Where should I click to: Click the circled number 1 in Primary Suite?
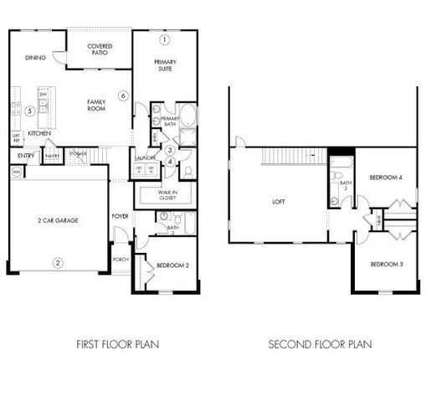(165, 39)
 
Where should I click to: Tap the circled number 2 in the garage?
(58, 263)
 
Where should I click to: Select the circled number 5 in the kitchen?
(28, 110)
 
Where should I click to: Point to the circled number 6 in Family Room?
(123, 96)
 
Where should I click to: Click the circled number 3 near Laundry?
(169, 150)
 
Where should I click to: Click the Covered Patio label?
(100, 49)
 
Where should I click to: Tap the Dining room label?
(35, 58)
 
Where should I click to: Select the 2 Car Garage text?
(58, 219)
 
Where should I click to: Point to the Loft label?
(279, 202)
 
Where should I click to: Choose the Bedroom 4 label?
(388, 178)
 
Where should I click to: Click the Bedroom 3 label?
(388, 265)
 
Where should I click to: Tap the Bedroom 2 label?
(172, 266)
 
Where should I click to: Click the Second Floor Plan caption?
(320, 343)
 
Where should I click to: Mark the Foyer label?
(121, 216)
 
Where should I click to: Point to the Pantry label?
(52, 156)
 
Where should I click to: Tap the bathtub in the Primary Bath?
(188, 116)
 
